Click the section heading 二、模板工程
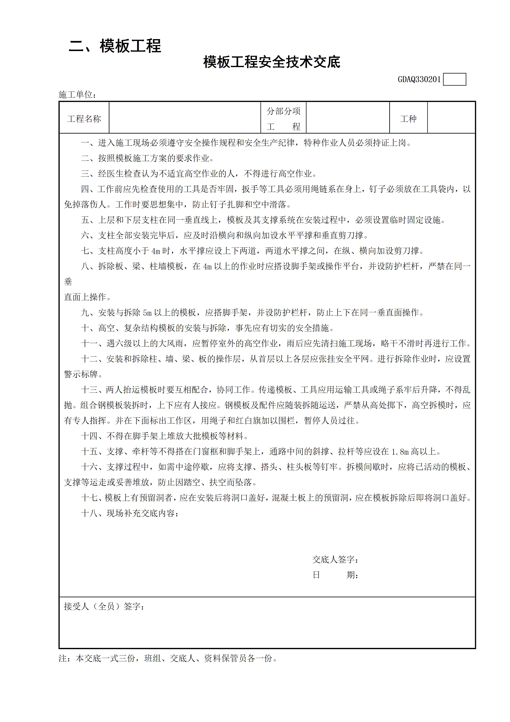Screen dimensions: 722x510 coord(115,46)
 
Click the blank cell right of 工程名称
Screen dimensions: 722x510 coord(185,118)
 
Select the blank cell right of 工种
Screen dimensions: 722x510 coord(451,118)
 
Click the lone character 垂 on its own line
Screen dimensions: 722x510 coord(68,282)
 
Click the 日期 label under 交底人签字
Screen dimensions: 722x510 coord(335,575)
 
